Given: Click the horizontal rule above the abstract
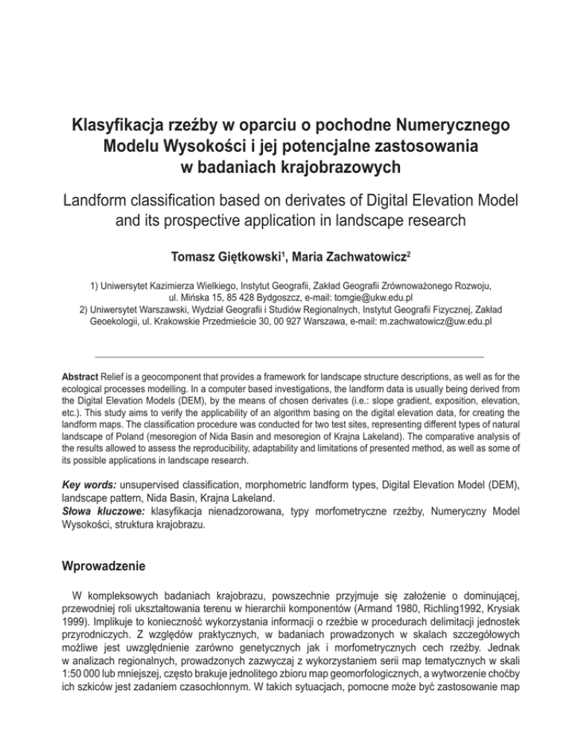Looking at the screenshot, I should tap(286, 357).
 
